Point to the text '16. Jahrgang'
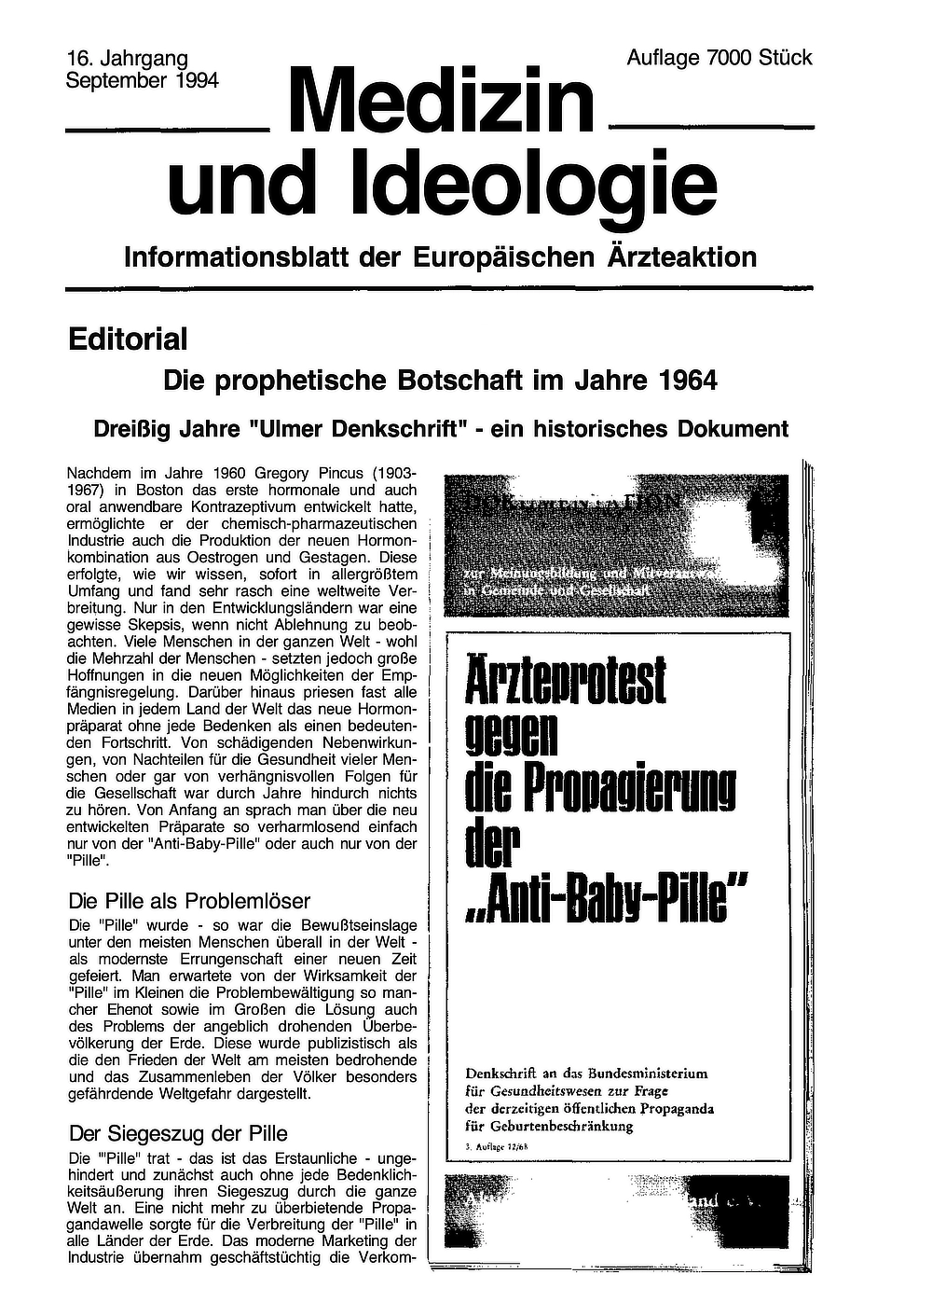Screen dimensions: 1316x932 click(128, 59)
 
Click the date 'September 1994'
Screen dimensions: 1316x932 click(142, 80)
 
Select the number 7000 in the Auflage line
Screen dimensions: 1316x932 click(730, 58)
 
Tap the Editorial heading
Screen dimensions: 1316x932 click(128, 339)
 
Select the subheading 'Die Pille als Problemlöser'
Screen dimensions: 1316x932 click(189, 901)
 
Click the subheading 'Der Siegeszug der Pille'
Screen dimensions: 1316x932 click(178, 1134)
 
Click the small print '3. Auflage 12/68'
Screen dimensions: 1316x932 click(496, 1145)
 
